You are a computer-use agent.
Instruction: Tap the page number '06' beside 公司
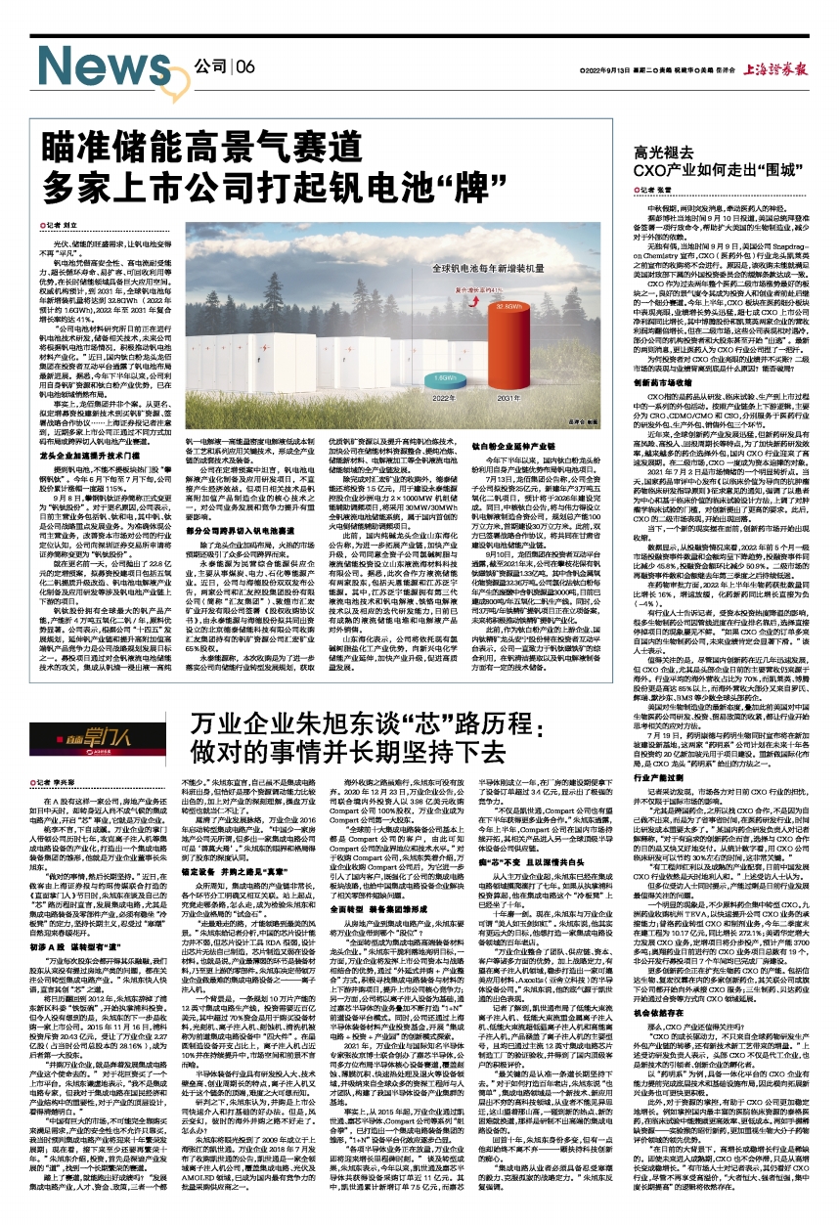pyautogui.click(x=243, y=66)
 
